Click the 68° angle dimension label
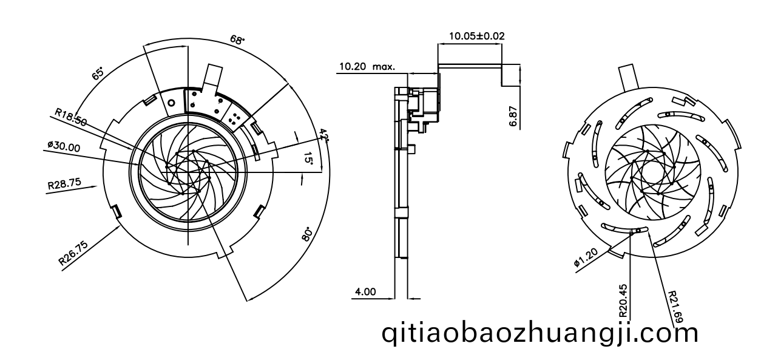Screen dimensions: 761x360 click(237, 40)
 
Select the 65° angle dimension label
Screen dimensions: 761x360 click(98, 74)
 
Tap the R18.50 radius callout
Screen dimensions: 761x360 click(71, 117)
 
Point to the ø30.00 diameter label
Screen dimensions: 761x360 click(64, 146)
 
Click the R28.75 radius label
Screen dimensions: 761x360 click(64, 183)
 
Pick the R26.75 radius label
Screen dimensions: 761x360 click(73, 253)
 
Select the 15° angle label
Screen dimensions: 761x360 click(308, 158)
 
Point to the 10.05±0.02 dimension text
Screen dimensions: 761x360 click(477, 36)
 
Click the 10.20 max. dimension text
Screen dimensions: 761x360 click(367, 66)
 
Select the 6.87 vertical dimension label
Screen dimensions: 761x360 click(513, 117)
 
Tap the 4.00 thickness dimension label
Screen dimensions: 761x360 click(365, 291)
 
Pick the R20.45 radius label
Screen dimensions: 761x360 click(623, 300)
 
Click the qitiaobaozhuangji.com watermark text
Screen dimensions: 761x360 click(540, 334)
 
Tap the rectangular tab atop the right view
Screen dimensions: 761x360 click(629, 78)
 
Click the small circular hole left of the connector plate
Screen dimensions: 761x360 click(172, 103)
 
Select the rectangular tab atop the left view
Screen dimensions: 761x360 click(212, 76)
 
